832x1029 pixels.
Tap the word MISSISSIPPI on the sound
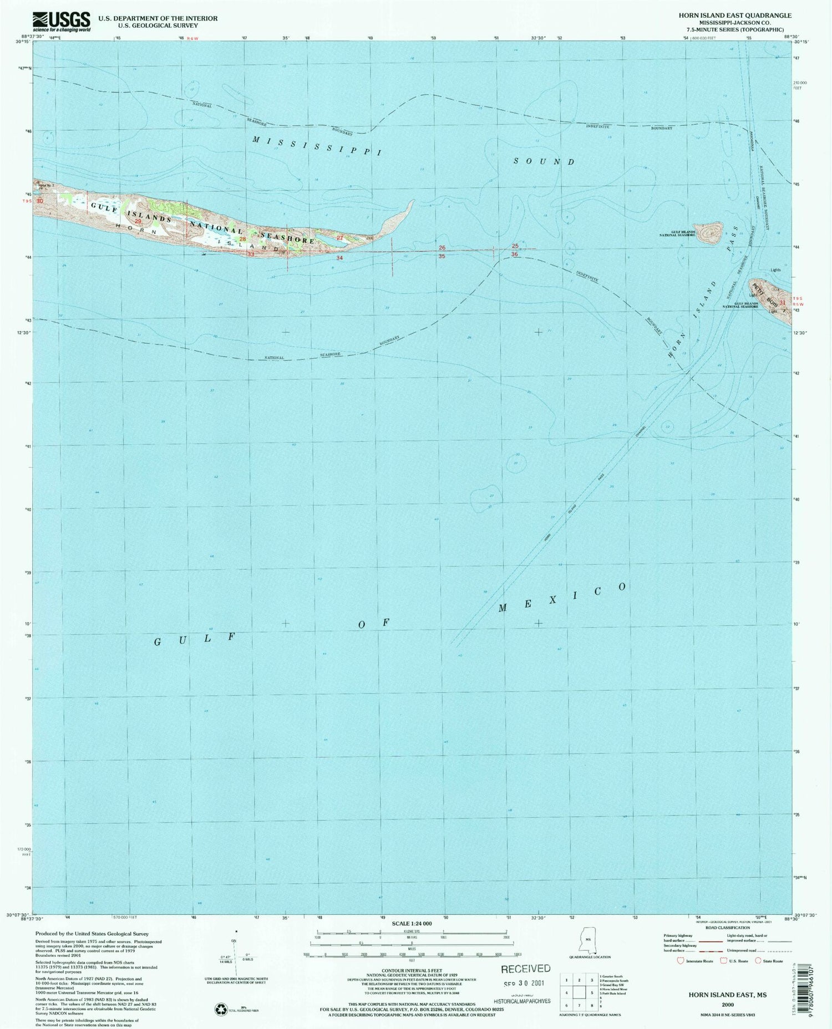[x=317, y=146]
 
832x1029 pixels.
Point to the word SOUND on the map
[x=544, y=161]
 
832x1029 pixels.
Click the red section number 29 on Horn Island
[x=139, y=221]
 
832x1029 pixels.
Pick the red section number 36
[x=515, y=254]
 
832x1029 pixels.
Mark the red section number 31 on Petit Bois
[x=782, y=303]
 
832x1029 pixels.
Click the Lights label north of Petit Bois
[x=775, y=270]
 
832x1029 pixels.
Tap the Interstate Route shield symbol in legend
[x=681, y=960]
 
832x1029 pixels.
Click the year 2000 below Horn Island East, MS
[x=728, y=1004]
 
